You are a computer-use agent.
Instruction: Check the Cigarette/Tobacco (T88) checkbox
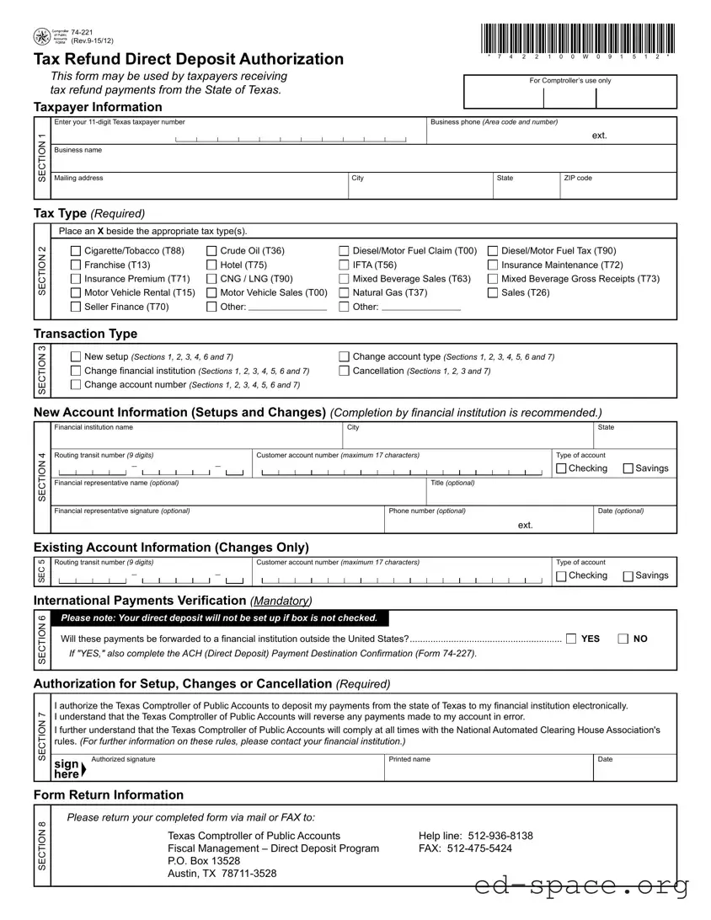(76, 251)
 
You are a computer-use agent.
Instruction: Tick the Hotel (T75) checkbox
(211, 265)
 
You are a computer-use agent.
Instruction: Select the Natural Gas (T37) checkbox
(344, 292)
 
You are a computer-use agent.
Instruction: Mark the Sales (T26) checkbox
(493, 292)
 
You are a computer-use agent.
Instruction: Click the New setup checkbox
(76, 357)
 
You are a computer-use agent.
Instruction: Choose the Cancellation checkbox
(344, 371)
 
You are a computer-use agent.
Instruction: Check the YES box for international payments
(572, 639)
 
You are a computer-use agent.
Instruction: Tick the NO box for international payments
(623, 639)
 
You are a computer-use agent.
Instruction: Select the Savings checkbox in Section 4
(628, 468)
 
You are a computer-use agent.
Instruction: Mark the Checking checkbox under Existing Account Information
(561, 576)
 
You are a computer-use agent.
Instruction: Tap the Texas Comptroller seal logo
(41, 36)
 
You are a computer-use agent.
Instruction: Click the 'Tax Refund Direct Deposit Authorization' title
(189, 59)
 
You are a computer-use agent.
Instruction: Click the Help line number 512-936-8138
(476, 836)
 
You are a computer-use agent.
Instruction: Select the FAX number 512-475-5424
(465, 848)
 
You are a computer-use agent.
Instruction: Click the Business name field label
(78, 150)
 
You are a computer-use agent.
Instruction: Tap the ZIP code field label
(578, 178)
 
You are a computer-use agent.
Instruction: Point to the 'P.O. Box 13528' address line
(204, 861)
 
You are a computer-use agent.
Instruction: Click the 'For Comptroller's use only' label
(569, 81)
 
